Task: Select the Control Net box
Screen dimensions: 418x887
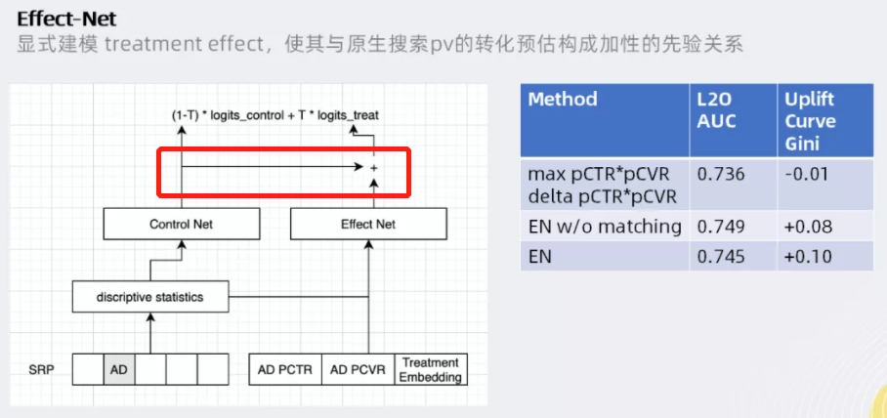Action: pyautogui.click(x=181, y=225)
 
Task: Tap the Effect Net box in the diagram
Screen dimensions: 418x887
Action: pyautogui.click(x=368, y=225)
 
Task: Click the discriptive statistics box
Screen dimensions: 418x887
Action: pyautogui.click(x=149, y=297)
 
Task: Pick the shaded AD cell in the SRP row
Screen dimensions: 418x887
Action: pyautogui.click(x=119, y=370)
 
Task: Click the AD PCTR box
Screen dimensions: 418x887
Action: pyautogui.click(x=285, y=370)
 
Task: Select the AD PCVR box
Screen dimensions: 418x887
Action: pyautogui.click(x=358, y=370)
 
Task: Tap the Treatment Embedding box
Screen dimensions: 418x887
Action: pyautogui.click(x=431, y=369)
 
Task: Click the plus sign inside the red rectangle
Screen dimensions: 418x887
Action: pyautogui.click(x=373, y=169)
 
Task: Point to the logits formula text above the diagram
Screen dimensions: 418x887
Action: pyautogui.click(x=275, y=115)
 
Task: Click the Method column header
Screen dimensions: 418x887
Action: pyautogui.click(x=563, y=100)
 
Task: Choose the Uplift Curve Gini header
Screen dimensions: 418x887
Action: pyautogui.click(x=810, y=122)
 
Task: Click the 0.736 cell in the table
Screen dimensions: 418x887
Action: pyautogui.click(x=721, y=175)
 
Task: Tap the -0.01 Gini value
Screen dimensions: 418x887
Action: pyautogui.click(x=804, y=175)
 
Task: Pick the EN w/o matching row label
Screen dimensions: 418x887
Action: pyautogui.click(x=605, y=227)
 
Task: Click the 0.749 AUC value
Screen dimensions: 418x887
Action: pyautogui.click(x=721, y=227)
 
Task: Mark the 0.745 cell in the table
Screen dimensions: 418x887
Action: pyautogui.click(x=721, y=256)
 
